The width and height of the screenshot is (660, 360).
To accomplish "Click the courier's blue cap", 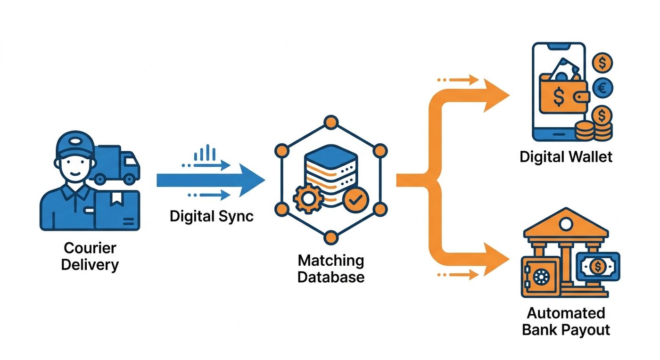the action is (74, 146).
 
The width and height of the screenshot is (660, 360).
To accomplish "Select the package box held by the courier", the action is (117, 210).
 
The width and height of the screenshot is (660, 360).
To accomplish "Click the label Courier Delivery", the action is (90, 256).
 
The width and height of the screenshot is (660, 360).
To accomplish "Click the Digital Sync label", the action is (212, 217).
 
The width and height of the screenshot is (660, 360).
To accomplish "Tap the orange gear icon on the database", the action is (308, 198).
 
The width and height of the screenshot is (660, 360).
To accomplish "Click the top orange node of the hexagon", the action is (331, 123).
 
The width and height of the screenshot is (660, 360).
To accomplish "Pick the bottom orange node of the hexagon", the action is (331, 237).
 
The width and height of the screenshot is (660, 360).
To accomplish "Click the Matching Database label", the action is (331, 269).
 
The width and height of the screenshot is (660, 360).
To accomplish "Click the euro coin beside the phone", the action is (602, 88).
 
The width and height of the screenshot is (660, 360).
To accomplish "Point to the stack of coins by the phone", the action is (594, 131).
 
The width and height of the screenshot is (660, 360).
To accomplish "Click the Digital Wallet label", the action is (566, 157).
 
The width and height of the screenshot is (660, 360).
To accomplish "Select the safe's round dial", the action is (542, 277).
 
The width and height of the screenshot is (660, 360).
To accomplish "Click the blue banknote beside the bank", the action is (598, 267).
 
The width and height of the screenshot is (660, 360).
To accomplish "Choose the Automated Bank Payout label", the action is (566, 321).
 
